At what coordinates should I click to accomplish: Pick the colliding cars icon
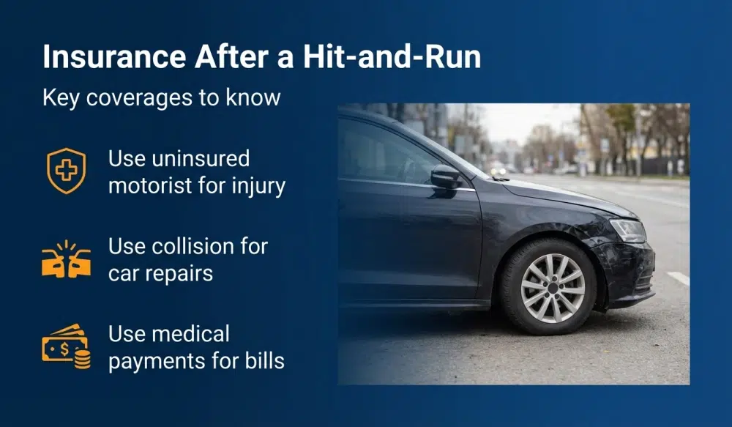66,259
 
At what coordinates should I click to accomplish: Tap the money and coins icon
66,346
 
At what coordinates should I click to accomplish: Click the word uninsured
179,158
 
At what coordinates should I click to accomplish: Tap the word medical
190,334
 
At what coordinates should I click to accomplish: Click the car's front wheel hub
553,287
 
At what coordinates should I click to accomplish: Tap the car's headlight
628,230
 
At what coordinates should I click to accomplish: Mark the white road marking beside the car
679,278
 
